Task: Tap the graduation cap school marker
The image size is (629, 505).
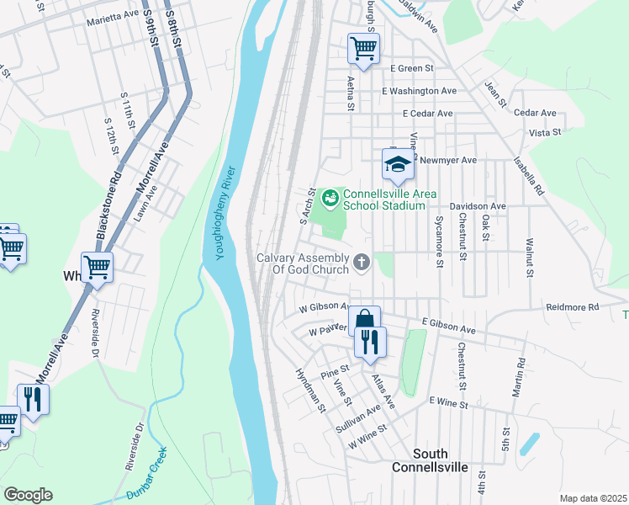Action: (x=398, y=163)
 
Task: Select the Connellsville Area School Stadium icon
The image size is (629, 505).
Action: (x=331, y=199)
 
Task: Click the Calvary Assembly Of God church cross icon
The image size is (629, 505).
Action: (x=362, y=263)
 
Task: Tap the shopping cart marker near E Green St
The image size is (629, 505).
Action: (x=363, y=48)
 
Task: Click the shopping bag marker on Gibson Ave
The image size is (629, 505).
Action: (x=364, y=320)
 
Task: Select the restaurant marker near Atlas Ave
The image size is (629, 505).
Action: (x=370, y=343)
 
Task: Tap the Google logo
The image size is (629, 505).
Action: (x=28, y=495)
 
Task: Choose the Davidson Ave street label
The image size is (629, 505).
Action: (x=477, y=206)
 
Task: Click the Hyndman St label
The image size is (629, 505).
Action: (x=309, y=389)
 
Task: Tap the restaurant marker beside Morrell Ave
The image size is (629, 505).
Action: (x=33, y=399)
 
